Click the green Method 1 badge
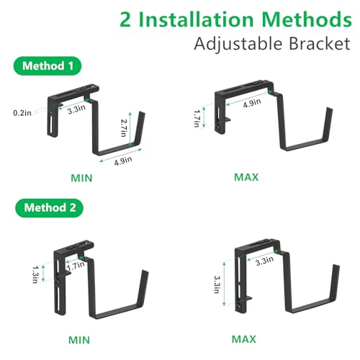[x=46, y=66]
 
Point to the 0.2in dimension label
[x=22, y=112]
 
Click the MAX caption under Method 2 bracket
[x=244, y=338]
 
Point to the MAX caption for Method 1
[x=246, y=176]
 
